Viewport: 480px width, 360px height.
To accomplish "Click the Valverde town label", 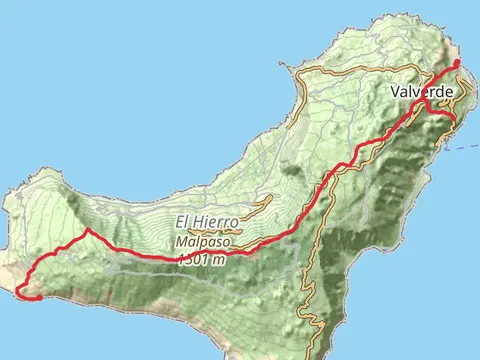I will [x=422, y=92].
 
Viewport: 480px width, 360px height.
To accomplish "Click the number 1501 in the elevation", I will [x=190, y=258].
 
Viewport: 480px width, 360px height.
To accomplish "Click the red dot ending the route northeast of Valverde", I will [x=458, y=63].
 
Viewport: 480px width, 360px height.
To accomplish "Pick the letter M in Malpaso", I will [x=180, y=241].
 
